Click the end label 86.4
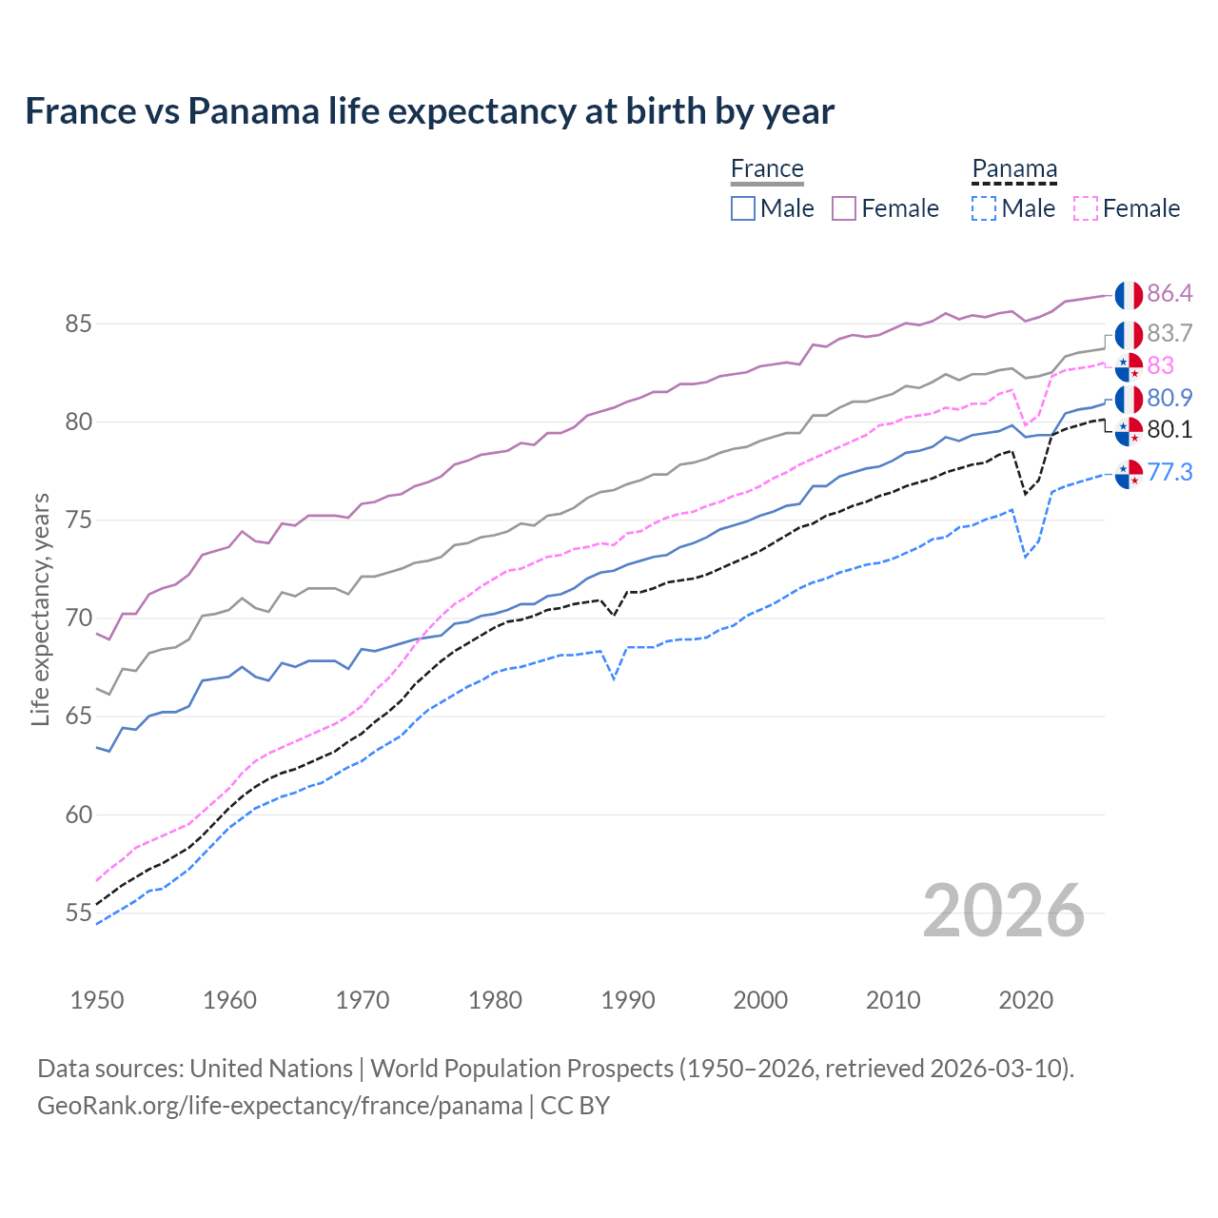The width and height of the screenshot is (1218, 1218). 1169,293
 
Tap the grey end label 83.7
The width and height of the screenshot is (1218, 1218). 1169,333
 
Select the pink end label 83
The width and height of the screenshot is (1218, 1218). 1160,365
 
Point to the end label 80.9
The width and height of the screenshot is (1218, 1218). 1169,398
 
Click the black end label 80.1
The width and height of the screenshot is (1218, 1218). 1169,429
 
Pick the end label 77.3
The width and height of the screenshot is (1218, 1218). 1169,472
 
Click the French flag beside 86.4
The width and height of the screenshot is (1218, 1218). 1129,295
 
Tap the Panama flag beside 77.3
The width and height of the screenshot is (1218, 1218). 1129,473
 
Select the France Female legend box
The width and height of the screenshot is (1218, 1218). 845,208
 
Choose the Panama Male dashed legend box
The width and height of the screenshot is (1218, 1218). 984,208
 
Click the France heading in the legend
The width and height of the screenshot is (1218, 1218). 767,168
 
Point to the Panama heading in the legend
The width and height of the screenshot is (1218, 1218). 1014,168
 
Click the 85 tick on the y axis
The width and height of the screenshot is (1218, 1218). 78,324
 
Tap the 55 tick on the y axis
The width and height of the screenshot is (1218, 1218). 78,913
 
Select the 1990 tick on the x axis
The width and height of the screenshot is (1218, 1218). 628,1000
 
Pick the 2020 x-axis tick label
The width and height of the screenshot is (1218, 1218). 1026,1000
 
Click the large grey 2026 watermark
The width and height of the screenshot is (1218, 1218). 1004,912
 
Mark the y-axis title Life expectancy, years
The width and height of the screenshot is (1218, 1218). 40,609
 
